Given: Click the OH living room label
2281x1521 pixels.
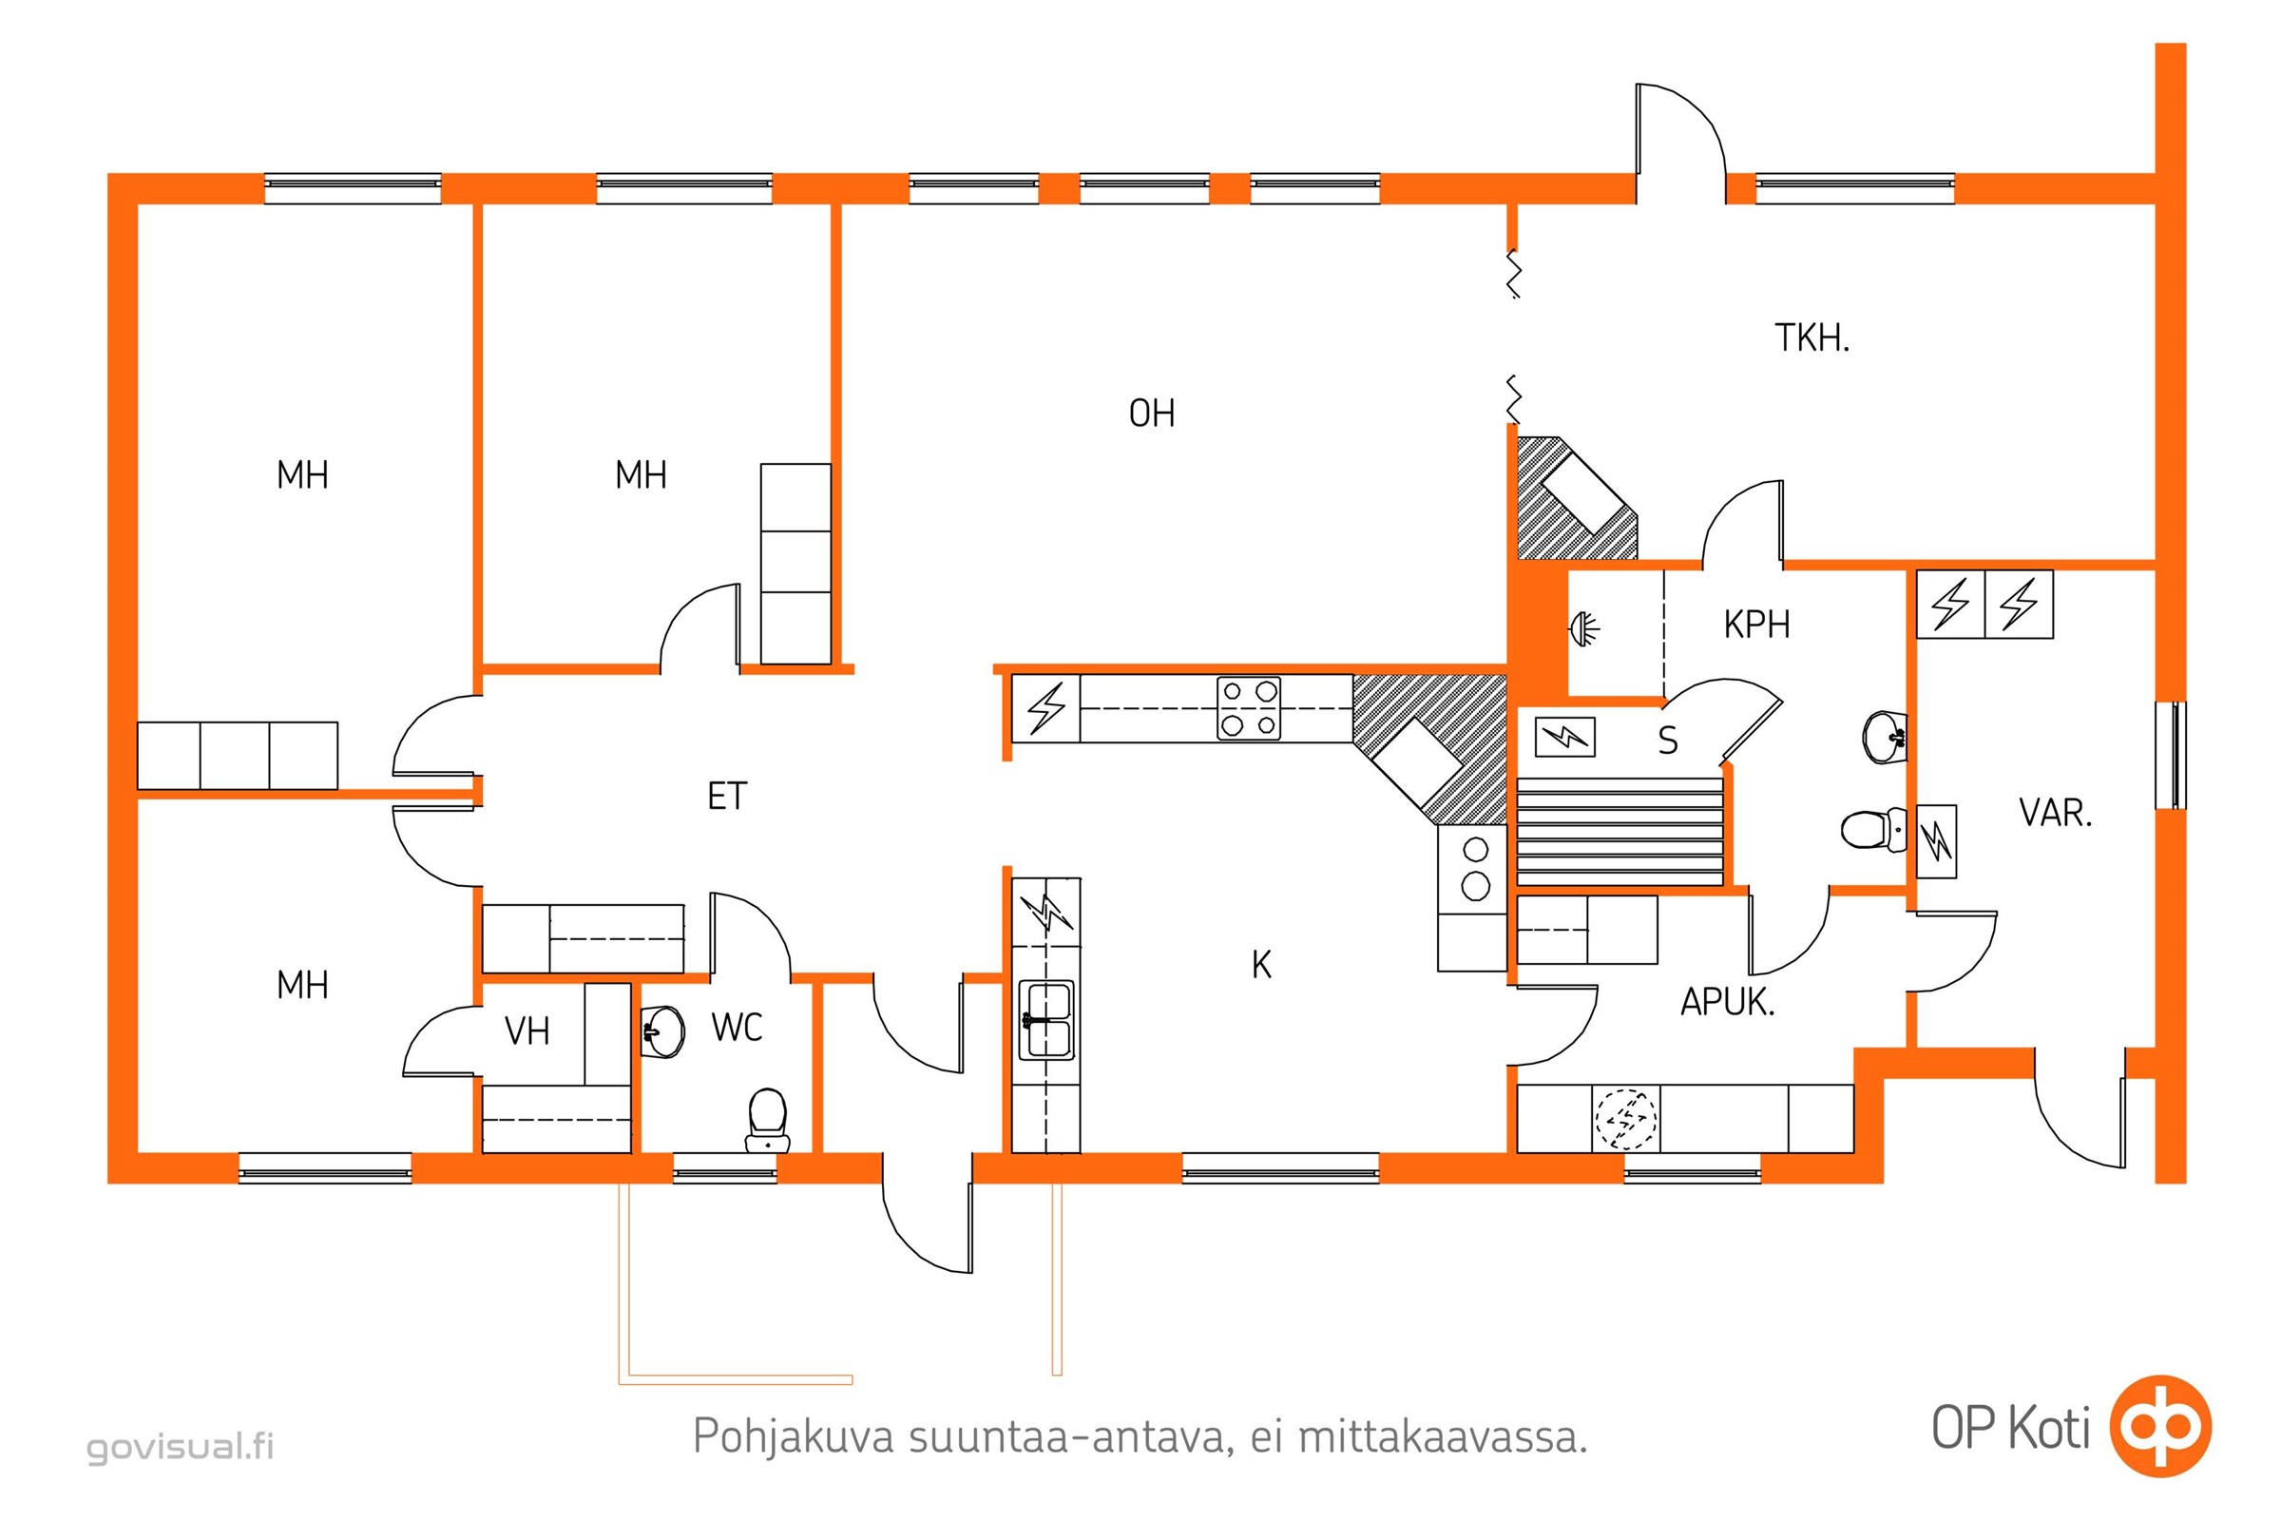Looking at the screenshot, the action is point(1151,414).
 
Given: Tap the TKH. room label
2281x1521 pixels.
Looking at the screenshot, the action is point(1811,337).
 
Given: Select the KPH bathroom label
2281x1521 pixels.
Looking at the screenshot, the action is point(1756,625).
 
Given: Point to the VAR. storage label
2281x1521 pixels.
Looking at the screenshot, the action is point(2055,813).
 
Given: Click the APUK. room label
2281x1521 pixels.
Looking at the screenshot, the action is point(1727,1002).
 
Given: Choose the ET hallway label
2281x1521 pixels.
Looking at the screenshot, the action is point(726,797).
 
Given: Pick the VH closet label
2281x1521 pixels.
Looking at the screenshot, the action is point(527,1031).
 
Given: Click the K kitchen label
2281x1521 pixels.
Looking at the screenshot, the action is point(1261,965).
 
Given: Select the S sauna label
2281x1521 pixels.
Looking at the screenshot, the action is point(1667,741).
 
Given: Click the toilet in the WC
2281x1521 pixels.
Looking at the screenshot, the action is point(767,1121).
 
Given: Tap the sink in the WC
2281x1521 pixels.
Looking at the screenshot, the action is point(662,1031).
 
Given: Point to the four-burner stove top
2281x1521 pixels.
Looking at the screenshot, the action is point(1248,708).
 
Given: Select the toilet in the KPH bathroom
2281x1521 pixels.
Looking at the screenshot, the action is point(1872,830).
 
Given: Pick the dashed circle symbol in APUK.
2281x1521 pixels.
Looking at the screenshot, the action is point(1625,1120).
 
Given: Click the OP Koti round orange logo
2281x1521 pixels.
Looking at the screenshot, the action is point(2160,1426).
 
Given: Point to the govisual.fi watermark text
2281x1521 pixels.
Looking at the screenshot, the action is point(181,1446).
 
